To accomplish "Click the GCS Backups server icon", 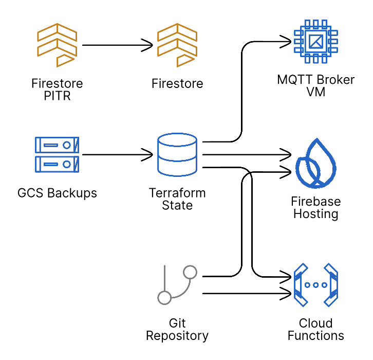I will click(x=57, y=154).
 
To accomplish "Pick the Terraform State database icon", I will click(x=177, y=154).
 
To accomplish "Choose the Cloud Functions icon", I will click(x=315, y=285).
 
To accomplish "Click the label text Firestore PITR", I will click(x=57, y=89).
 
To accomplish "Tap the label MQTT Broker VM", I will click(x=315, y=86).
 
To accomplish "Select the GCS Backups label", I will click(x=57, y=194).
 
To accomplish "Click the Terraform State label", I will click(x=177, y=200).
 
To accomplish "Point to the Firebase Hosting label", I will click(x=315, y=208).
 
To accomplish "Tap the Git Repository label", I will click(x=177, y=330).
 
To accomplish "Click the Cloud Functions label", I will click(x=315, y=330).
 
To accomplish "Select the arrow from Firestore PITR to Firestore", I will click(x=117, y=45).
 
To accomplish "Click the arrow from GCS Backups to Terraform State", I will click(x=117, y=154).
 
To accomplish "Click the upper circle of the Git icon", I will click(x=191, y=272).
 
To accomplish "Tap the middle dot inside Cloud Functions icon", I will click(x=315, y=285).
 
